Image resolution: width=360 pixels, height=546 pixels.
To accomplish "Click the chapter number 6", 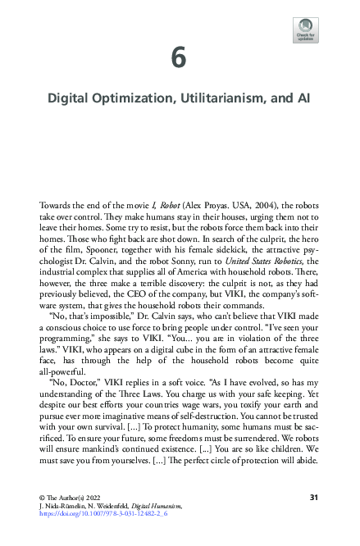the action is click(x=180, y=57).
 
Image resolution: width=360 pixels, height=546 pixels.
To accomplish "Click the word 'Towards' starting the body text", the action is click(x=57, y=202).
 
